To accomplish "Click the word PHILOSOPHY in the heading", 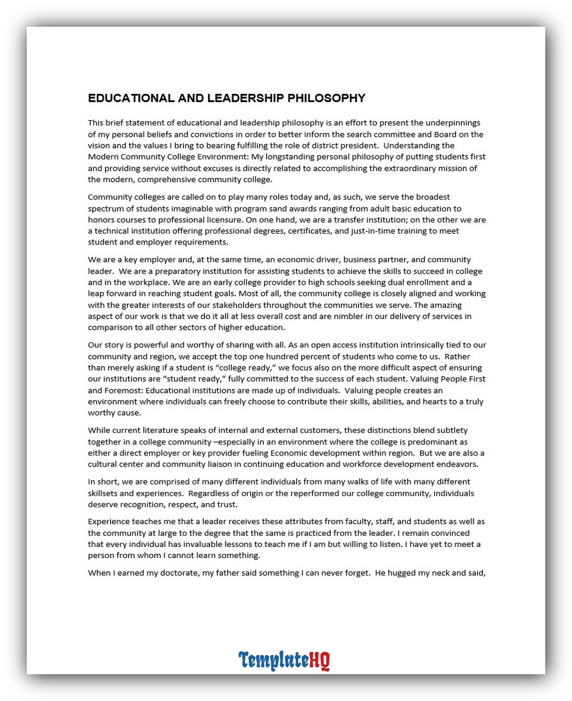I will [x=326, y=98].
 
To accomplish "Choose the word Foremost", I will [x=123, y=390].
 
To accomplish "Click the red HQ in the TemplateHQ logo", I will [x=319, y=660].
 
